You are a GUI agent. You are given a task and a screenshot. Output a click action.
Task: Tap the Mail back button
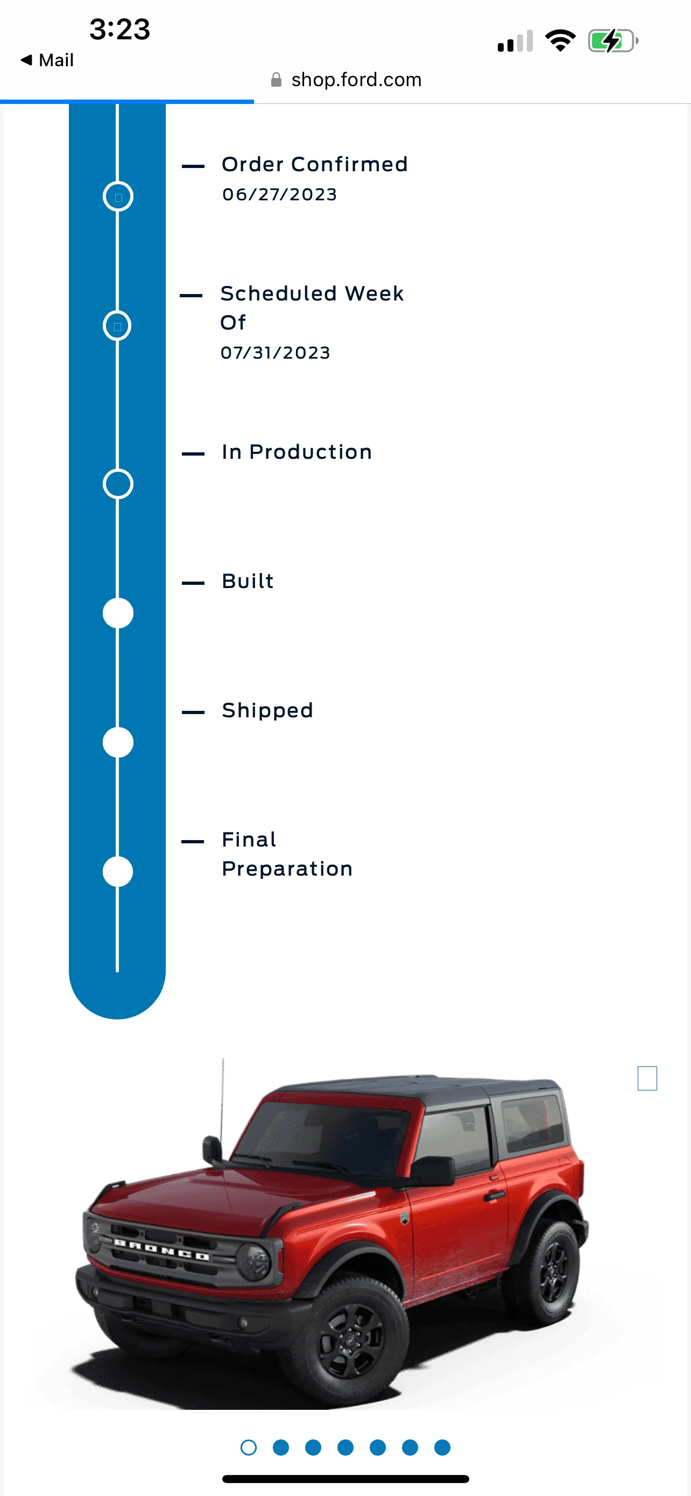47,60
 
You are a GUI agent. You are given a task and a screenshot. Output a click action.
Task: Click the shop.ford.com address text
356,80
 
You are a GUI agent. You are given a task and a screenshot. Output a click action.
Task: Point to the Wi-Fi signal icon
560,40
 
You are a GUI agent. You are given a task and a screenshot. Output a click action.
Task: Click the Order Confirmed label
314,164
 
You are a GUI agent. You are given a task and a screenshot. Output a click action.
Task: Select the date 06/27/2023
279,194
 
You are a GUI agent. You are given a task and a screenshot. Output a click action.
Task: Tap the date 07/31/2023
275,353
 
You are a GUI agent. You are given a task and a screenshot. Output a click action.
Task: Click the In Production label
297,452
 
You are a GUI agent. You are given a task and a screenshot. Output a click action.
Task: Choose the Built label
248,581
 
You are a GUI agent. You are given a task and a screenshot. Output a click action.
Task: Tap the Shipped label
267,710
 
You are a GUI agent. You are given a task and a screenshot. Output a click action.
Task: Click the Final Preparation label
287,854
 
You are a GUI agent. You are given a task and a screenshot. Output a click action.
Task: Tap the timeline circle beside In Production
118,469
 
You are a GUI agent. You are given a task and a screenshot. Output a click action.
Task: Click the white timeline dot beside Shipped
118,742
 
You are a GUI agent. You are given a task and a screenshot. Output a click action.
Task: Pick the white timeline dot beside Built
118,613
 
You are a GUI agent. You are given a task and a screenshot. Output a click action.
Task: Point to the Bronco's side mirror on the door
432,1170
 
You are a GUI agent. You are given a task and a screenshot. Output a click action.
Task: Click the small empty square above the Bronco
647,1067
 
